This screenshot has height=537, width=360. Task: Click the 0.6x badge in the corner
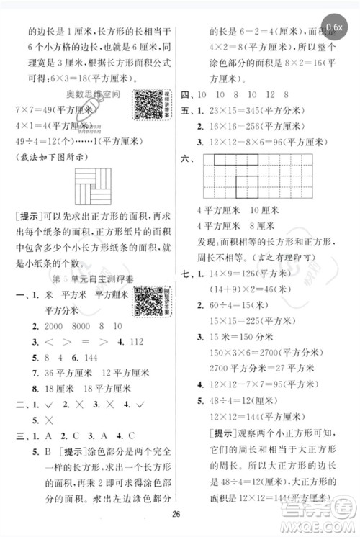pyautogui.click(x=334, y=27)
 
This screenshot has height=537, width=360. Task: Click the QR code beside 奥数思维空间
pyautogui.click(x=146, y=105)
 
